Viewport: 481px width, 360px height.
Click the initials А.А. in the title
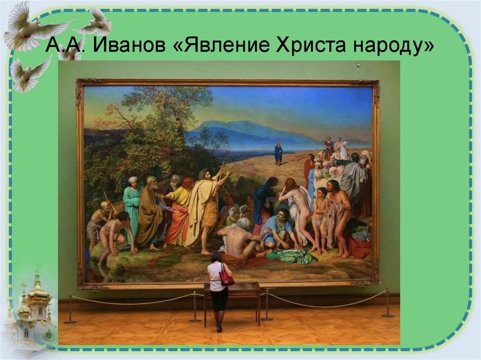point(64,47)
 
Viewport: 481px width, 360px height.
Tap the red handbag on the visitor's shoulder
point(226,278)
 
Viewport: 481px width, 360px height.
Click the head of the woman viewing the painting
point(217,258)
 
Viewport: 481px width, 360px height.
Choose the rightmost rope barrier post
point(388,303)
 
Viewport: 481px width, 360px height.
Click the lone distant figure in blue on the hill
point(279,153)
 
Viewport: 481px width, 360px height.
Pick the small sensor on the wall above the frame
point(358,65)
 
